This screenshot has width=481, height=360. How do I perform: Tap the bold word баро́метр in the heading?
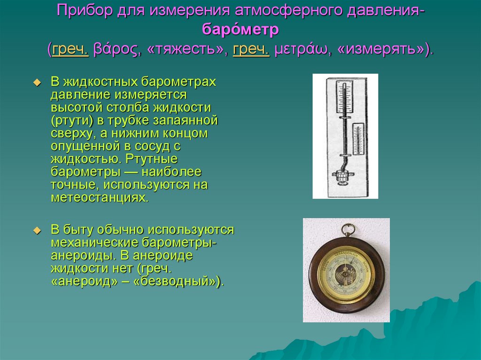coord(240,30)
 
